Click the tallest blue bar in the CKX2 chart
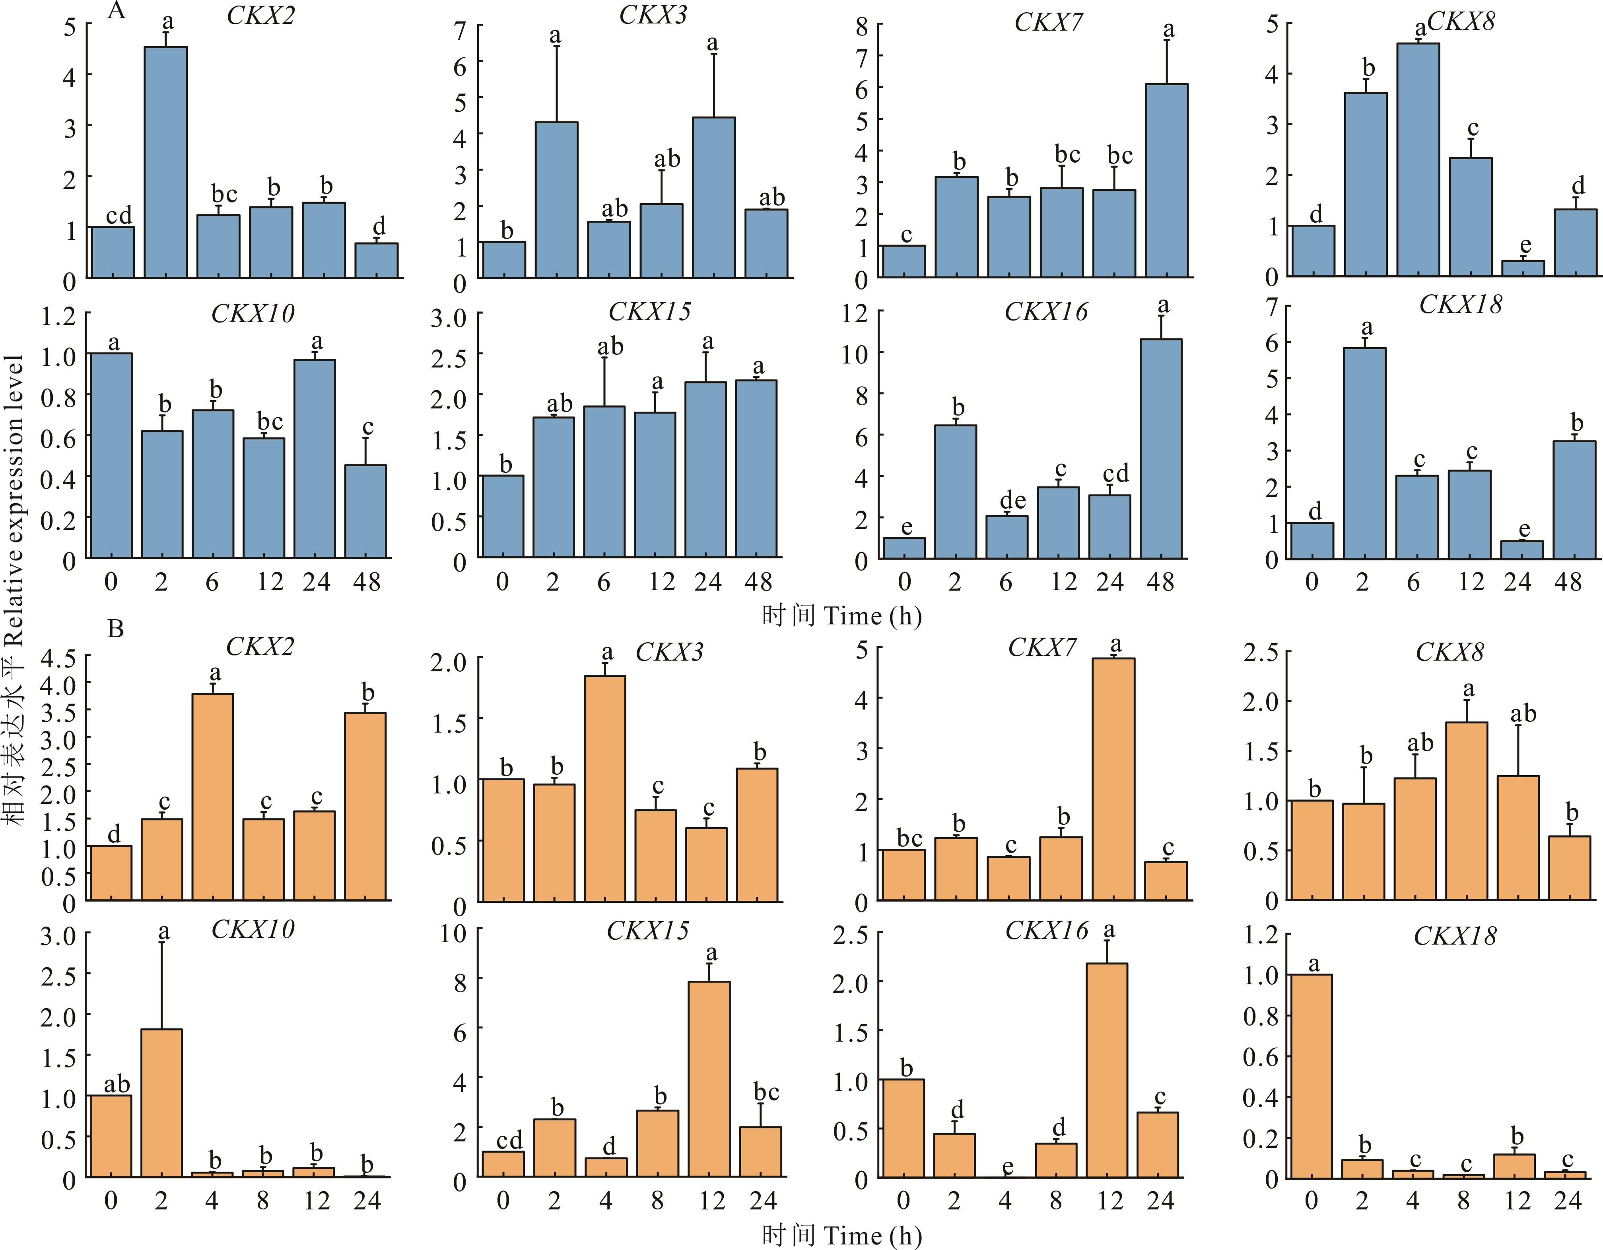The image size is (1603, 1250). click(165, 161)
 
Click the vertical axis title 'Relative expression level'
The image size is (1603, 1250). click(15, 587)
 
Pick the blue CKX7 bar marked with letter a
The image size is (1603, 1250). click(1166, 180)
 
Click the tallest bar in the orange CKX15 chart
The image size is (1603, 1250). click(709, 1079)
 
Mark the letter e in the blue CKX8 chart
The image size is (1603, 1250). click(1525, 245)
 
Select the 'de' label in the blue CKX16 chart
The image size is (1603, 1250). click(1013, 500)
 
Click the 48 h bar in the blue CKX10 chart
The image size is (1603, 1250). click(365, 511)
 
